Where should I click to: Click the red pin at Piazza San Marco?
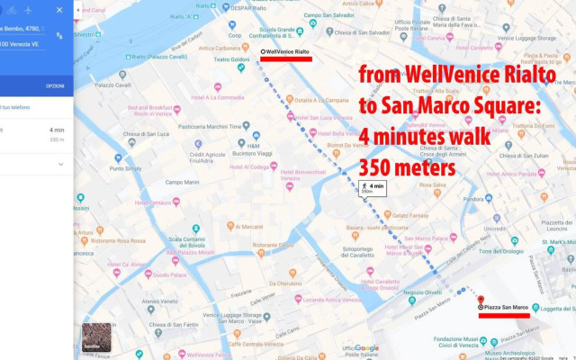[x=481, y=301]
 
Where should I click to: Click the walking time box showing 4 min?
[x=373, y=188]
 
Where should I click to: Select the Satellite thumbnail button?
[x=96, y=337]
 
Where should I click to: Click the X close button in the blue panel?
[x=59, y=10]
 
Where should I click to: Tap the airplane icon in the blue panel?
[x=28, y=10]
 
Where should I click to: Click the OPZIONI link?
[x=55, y=86]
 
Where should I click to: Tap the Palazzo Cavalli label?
[x=112, y=86]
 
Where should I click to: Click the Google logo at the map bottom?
[x=366, y=348]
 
